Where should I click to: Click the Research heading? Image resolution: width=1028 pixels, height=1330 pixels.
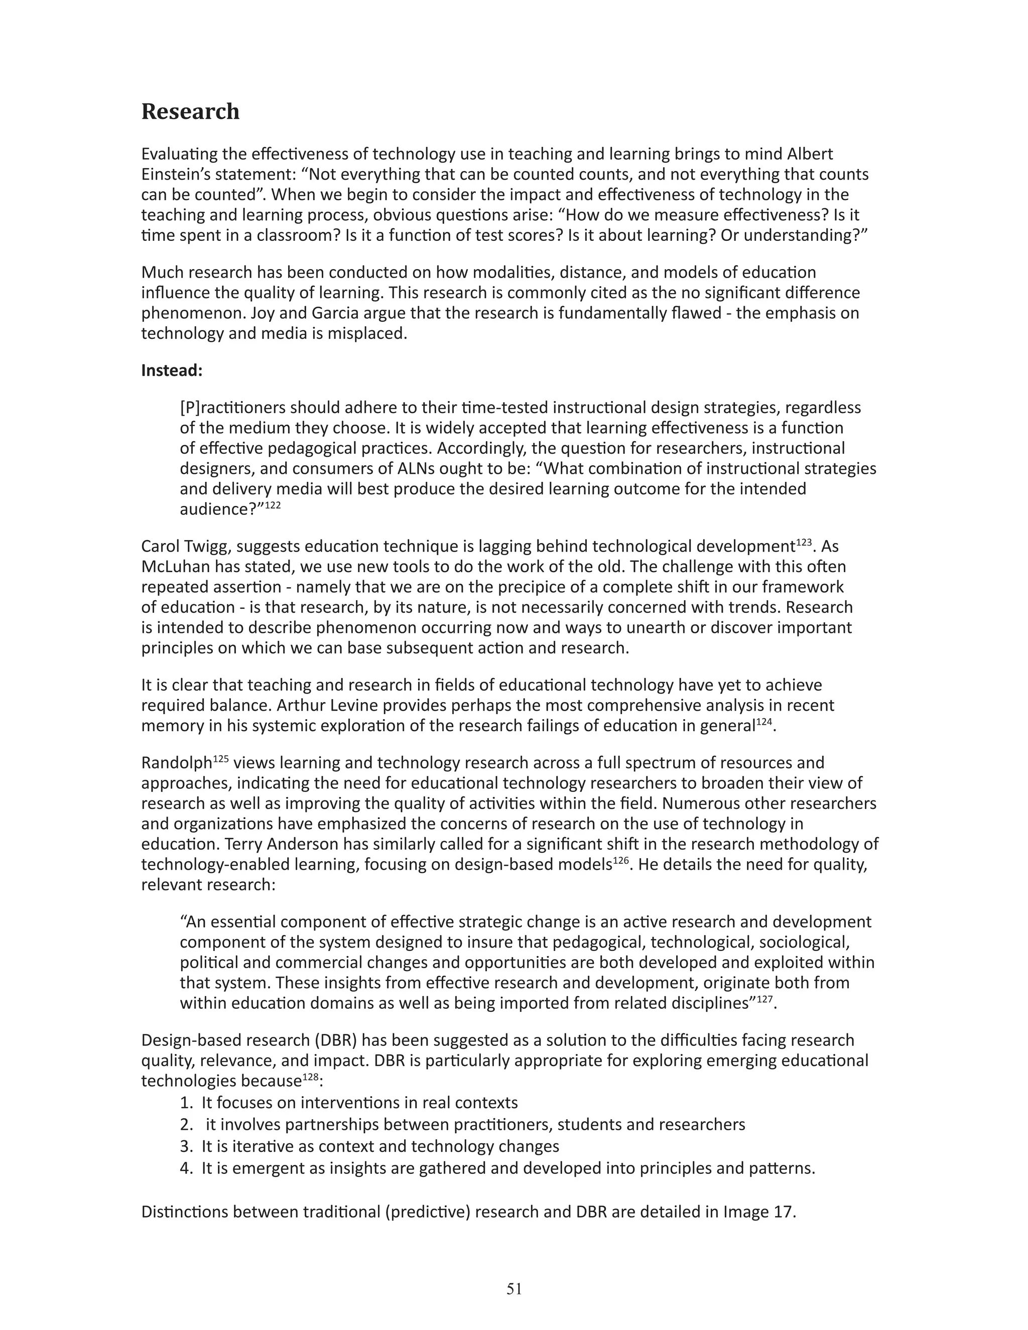pyautogui.click(x=190, y=111)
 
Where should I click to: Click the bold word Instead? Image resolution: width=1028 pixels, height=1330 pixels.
pyautogui.click(x=171, y=370)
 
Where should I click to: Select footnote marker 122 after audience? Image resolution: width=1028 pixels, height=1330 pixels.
pyautogui.click(x=273, y=505)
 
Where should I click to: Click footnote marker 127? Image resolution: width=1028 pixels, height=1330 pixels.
pyautogui.click(x=765, y=999)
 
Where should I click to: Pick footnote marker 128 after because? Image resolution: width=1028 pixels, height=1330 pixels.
pyautogui.click(x=311, y=1077)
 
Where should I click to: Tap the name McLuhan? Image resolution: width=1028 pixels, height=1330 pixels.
pyautogui.click(x=174, y=567)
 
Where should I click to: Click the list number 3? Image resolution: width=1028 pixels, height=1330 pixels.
pyautogui.click(x=186, y=1147)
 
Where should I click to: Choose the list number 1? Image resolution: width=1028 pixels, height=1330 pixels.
pyautogui.click(x=186, y=1103)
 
